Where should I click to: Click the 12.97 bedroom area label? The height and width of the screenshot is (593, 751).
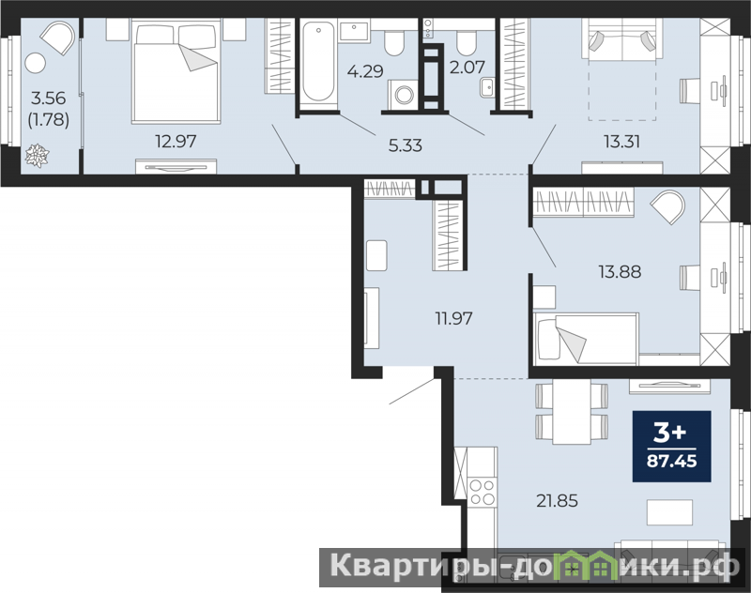coord(176,141)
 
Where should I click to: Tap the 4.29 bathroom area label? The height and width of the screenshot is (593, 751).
coord(365,71)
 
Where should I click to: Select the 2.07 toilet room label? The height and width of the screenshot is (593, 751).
coord(467,67)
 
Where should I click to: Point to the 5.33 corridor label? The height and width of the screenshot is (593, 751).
coord(406,145)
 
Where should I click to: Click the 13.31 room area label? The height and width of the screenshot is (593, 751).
coord(622,142)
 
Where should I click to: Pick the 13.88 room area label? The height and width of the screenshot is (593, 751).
coord(620,271)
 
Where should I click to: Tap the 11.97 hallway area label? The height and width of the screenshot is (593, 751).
coord(453,318)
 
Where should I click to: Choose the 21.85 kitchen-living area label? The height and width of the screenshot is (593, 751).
coord(557,501)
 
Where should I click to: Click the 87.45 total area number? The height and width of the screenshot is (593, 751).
coord(672,461)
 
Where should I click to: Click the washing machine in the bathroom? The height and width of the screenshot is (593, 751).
coord(403,93)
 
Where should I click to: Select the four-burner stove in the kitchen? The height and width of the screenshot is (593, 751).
coord(483,492)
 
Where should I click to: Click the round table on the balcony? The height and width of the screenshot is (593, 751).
coord(35,63)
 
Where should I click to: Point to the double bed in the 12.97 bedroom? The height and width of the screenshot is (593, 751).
coord(176,70)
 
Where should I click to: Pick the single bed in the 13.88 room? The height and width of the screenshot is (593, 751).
coord(586,339)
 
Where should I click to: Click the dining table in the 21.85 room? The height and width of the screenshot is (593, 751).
coord(572,412)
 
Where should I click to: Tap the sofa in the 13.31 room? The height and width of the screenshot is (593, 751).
coord(622,39)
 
